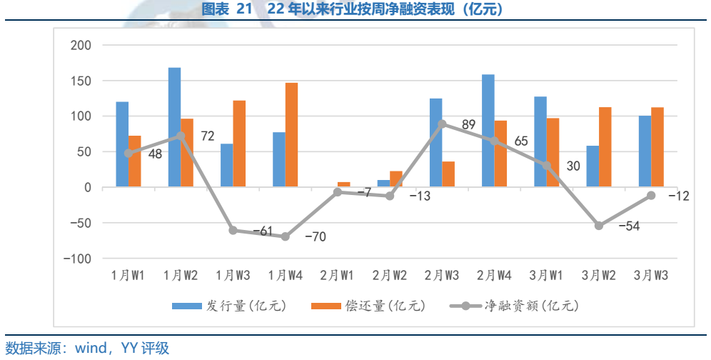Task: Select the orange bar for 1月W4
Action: tap(291, 135)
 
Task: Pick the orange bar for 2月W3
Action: tap(448, 174)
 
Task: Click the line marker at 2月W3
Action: tap(443, 124)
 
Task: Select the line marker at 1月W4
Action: tap(286, 236)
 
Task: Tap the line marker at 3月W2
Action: tap(599, 226)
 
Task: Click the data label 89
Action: tap(468, 125)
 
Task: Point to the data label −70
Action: tap(315, 237)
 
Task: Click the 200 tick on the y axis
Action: tap(81, 46)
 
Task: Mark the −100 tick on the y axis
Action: tap(77, 259)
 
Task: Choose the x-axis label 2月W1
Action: tap(337, 275)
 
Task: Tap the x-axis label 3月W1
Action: tap(547, 275)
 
